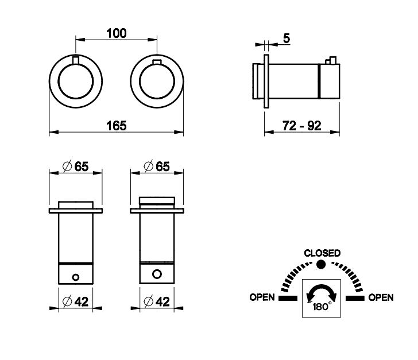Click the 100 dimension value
point(117,34)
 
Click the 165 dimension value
point(117,126)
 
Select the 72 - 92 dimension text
point(302,126)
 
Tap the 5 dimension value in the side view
point(287,38)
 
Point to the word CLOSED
point(322,253)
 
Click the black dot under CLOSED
point(321,265)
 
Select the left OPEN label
point(262,297)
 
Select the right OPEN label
point(381,297)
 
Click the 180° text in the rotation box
point(322,307)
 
